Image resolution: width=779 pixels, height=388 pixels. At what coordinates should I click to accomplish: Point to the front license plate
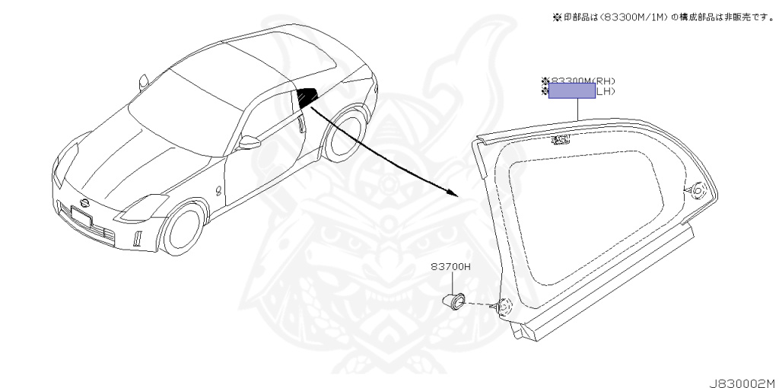[81, 217]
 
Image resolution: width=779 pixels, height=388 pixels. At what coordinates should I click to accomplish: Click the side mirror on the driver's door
[250, 142]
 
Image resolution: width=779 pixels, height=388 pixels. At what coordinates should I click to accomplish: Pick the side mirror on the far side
[142, 81]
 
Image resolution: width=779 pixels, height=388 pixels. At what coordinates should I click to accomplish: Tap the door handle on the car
[303, 122]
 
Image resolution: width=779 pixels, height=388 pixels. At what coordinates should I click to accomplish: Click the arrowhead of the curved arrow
[453, 193]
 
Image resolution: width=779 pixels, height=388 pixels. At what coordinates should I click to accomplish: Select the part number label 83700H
[451, 267]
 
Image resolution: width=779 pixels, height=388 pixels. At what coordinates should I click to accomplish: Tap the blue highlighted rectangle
[572, 92]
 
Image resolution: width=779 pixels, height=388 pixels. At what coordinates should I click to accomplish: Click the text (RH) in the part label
[604, 81]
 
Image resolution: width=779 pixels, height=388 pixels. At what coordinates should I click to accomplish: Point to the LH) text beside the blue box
[606, 92]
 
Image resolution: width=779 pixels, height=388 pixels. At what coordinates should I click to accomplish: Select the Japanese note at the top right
[663, 17]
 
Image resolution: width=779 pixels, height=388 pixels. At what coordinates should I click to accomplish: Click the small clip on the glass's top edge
[561, 139]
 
